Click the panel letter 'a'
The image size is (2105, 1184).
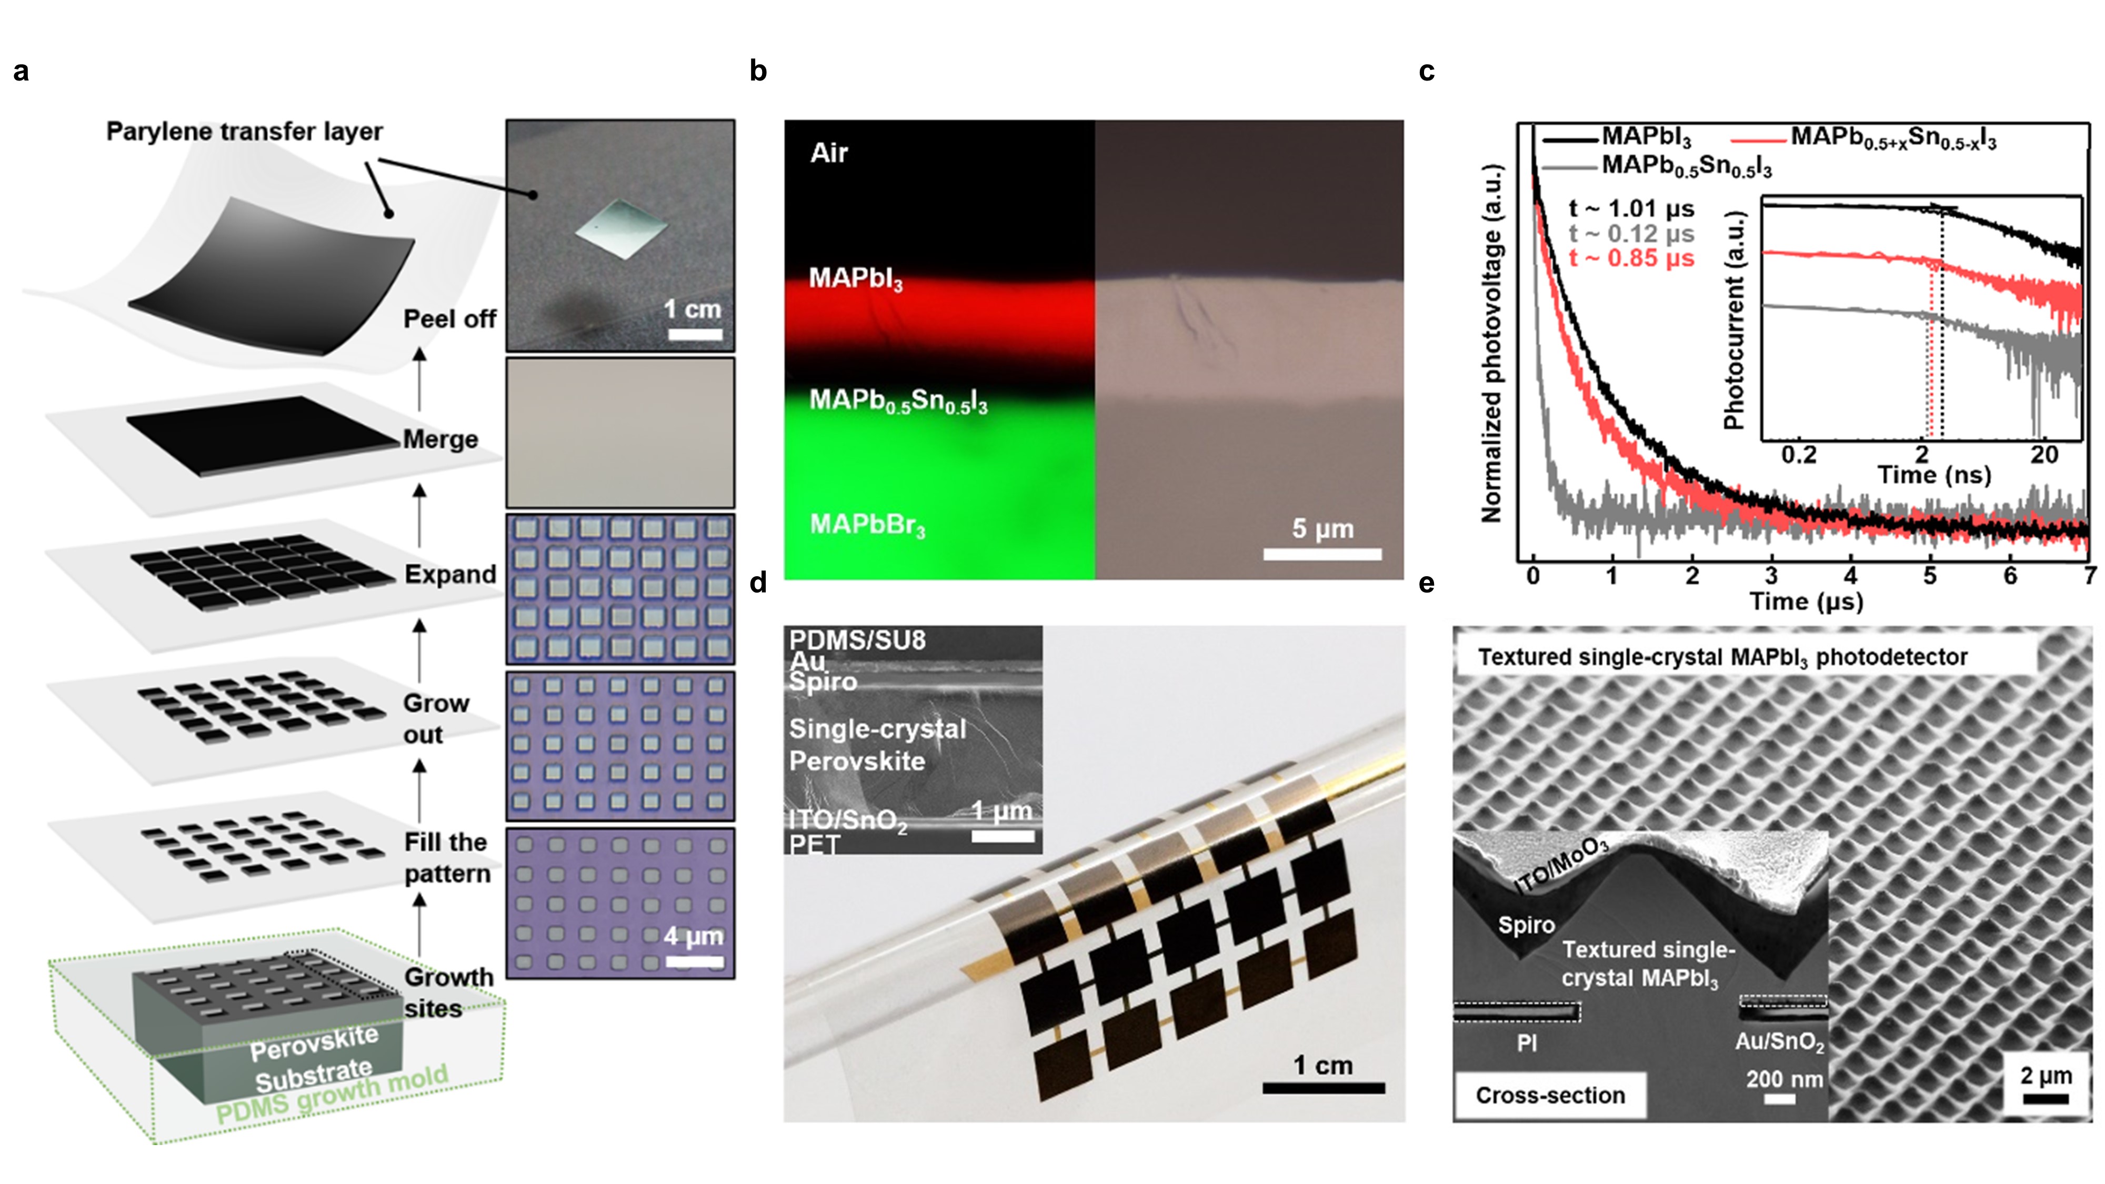[21, 72]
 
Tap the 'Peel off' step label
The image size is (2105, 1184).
[449, 319]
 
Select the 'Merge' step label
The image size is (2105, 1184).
[440, 439]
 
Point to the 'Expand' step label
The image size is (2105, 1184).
[450, 575]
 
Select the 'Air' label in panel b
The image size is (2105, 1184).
[829, 153]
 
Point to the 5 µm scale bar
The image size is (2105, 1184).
[1322, 554]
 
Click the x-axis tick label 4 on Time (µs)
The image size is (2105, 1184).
[1850, 577]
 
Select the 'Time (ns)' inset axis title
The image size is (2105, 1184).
[1933, 475]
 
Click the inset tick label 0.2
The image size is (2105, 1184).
[1799, 454]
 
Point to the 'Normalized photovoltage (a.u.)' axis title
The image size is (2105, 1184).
[1492, 343]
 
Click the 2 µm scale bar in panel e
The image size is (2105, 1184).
[2046, 1100]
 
